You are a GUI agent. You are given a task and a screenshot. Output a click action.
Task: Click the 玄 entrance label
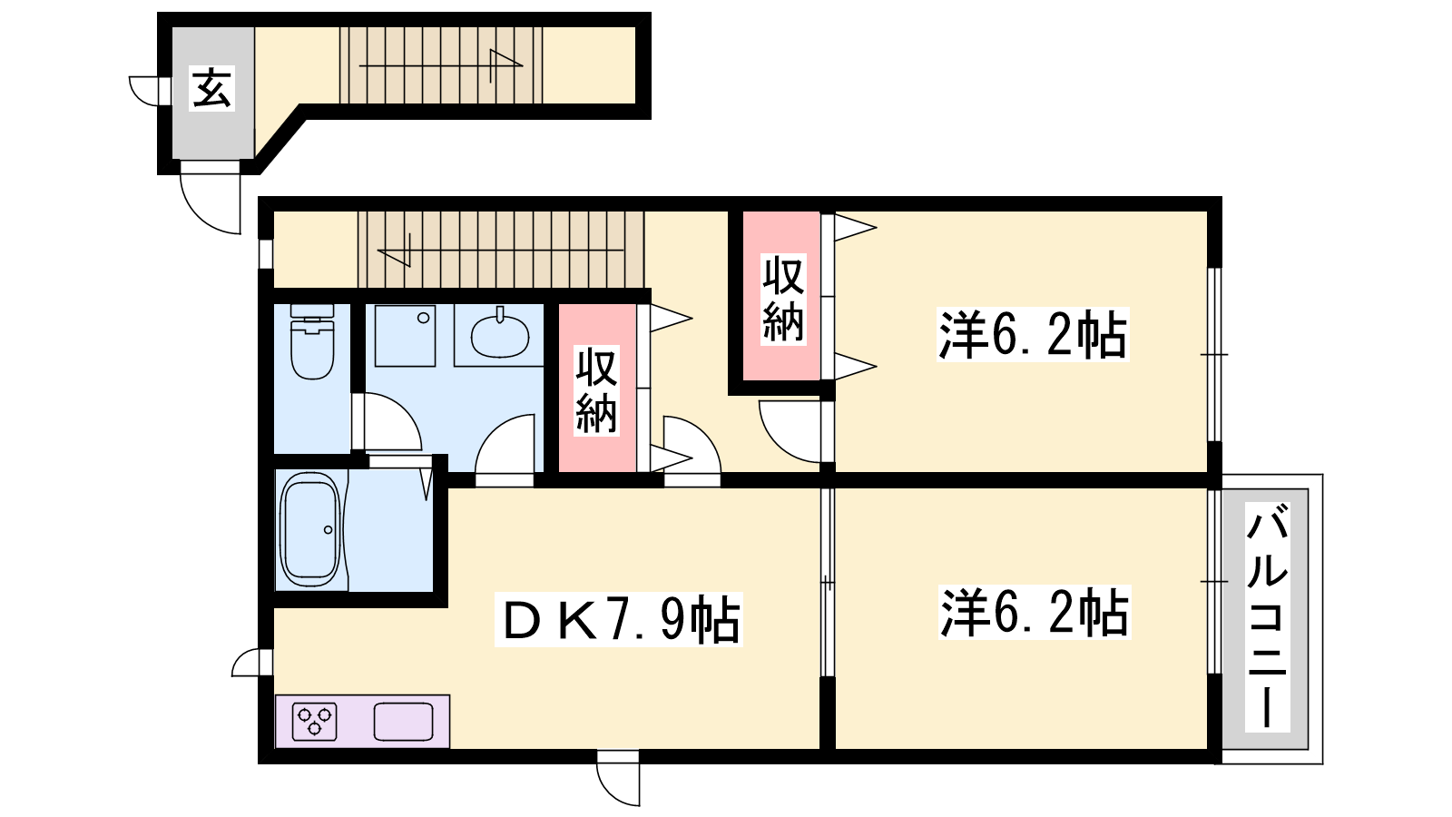point(212,89)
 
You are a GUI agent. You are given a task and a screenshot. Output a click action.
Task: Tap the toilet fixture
point(312,341)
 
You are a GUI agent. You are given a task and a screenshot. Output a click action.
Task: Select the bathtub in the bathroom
point(309,530)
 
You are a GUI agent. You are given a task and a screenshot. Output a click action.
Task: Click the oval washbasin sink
point(500,335)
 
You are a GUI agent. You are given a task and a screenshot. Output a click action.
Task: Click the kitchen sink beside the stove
point(403,722)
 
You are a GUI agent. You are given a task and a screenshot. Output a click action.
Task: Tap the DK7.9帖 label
point(619,619)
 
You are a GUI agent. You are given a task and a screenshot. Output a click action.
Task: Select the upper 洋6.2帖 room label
point(1034,335)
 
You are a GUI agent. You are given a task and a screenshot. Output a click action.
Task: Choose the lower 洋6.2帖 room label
point(1035,612)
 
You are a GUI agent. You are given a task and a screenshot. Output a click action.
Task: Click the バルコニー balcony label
point(1267,616)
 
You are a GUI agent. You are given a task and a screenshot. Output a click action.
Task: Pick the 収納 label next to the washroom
point(596,389)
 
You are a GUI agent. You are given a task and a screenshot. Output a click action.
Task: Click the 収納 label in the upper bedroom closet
point(783,299)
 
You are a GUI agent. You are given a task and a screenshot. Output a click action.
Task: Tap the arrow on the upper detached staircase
point(441,65)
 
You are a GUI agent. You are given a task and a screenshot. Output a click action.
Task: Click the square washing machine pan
point(405,335)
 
